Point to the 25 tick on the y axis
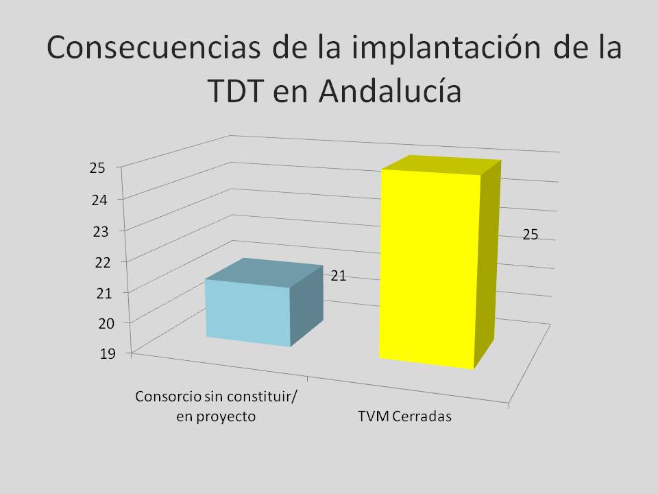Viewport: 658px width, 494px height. tap(97, 168)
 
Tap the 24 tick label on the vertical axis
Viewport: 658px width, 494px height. tap(99, 200)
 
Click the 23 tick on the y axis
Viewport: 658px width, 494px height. tap(101, 231)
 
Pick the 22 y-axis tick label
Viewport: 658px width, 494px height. tap(103, 263)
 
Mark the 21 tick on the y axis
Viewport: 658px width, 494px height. tap(104, 293)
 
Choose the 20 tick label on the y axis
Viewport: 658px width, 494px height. tap(106, 323)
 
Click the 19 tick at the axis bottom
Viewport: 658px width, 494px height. tap(108, 354)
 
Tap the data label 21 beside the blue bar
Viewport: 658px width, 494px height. tap(339, 276)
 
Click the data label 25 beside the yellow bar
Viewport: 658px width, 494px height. tap(531, 235)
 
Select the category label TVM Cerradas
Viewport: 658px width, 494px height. tap(405, 416)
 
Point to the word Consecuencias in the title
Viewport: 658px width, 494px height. tap(154, 47)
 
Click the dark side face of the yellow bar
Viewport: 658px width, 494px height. tap(487, 265)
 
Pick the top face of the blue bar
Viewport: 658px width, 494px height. tap(265, 273)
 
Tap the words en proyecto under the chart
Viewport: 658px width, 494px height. tap(216, 416)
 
